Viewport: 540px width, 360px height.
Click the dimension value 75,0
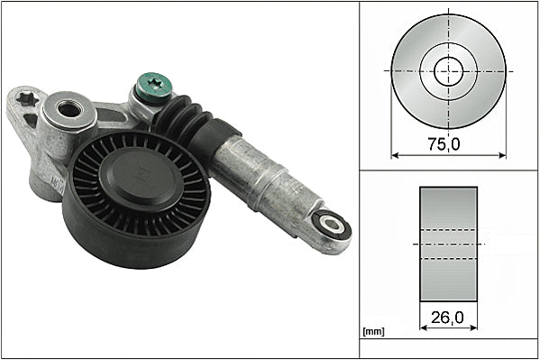coord(448,141)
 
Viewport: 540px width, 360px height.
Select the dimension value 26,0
coord(448,318)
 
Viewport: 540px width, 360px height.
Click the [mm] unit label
coord(372,332)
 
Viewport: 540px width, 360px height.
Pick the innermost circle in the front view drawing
coord(448,69)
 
